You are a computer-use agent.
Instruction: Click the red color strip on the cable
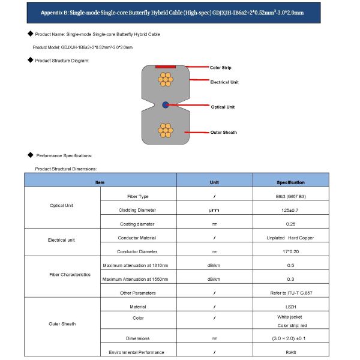click(165, 67)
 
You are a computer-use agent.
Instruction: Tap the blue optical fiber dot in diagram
click(166, 105)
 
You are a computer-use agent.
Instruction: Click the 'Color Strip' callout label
click(220, 68)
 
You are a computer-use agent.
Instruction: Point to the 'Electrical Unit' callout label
click(224, 82)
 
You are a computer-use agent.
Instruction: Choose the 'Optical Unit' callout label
click(222, 107)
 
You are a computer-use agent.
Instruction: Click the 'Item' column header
click(100, 182)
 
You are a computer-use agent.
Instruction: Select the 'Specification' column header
click(290, 182)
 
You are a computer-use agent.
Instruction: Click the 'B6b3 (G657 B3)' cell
click(290, 197)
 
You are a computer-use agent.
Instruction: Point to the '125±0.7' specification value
click(290, 210)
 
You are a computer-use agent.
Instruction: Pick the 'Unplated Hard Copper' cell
click(290, 238)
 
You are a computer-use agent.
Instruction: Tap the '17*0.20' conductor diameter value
click(290, 251)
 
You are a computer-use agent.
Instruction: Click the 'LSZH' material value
click(290, 306)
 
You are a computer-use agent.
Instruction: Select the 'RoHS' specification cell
click(290, 352)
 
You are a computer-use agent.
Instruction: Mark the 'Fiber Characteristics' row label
click(70, 274)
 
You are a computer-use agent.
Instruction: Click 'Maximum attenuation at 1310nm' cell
click(136, 265)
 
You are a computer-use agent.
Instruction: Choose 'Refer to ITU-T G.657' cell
click(290, 293)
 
